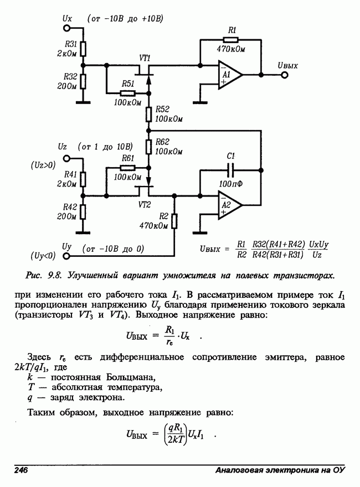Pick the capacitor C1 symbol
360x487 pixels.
point(232,169)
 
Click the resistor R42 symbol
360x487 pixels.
point(83,211)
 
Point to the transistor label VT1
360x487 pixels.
point(145,58)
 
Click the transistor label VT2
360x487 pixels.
point(145,204)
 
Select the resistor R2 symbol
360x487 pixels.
point(174,221)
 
